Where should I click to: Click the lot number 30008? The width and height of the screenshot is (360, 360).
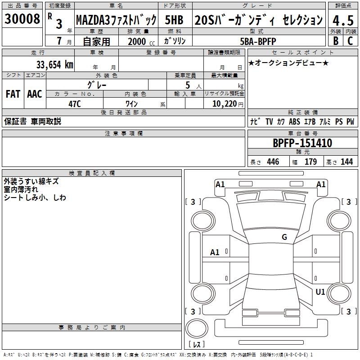pos(22,19)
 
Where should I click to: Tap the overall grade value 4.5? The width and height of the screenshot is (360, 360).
pos(343,21)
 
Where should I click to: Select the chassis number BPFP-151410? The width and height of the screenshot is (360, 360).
pos(302,144)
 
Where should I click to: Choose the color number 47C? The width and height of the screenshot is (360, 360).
pos(74,103)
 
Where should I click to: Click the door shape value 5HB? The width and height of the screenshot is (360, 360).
pos(174,20)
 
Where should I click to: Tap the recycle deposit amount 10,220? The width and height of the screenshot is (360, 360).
pos(224,103)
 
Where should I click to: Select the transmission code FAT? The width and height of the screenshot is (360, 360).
pos(13,94)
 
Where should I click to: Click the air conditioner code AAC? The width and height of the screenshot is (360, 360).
pos(35,94)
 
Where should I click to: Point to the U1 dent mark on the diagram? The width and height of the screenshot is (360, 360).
pos(320,292)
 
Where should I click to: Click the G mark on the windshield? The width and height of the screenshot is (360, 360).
pos(284,237)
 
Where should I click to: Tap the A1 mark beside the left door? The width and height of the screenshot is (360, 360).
pos(215,252)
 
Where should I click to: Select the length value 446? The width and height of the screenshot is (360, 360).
pos(273,162)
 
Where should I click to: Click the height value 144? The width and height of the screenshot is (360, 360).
pos(346,162)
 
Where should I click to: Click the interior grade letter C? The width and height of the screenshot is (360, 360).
pos(350,41)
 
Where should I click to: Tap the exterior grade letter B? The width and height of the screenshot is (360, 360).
pos(335,41)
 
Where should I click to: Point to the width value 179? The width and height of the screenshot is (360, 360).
pos(310,162)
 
